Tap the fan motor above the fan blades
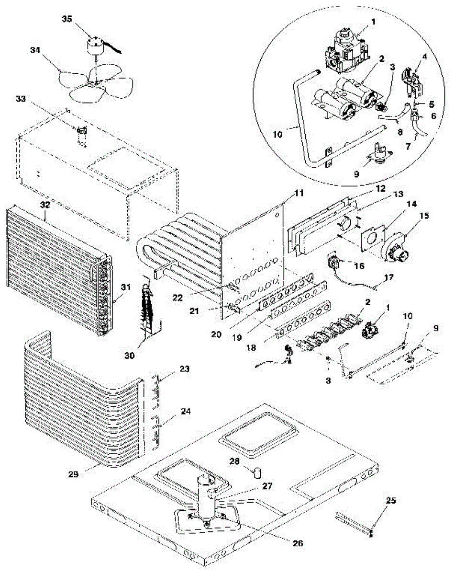tap(96, 46)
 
